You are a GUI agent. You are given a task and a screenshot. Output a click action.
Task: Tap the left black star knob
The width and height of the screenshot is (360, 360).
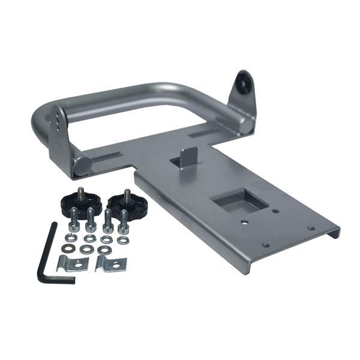pos(80,205)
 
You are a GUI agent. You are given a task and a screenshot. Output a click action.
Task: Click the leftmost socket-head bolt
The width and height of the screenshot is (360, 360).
pos(74,220)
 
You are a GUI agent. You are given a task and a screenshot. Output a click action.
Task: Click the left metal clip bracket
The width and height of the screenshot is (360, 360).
pos(72,263)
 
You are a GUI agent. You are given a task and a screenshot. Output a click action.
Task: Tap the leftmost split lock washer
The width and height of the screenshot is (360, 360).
pos(71,238)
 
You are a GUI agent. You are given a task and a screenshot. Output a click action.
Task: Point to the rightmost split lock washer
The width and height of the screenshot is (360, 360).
pos(122,239)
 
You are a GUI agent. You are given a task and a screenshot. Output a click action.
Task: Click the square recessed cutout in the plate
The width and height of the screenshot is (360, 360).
pos(240,202)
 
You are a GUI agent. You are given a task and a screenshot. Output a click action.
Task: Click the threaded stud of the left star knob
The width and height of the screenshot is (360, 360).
pos(80,193)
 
